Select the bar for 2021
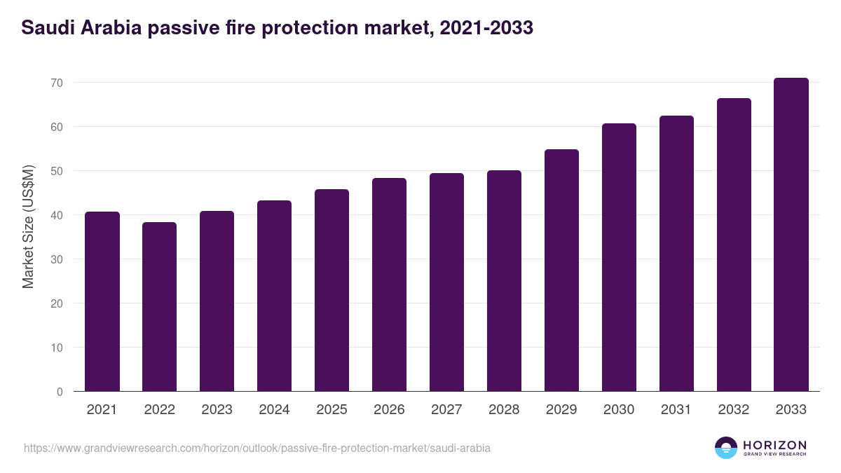[102, 301]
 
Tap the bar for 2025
[331, 290]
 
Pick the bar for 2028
[504, 281]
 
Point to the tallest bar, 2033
[791, 235]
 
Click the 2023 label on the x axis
[217, 410]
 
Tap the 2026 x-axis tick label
[389, 410]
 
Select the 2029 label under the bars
[561, 410]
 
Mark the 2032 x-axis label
[734, 410]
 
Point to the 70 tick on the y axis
[57, 83]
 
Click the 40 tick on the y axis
[57, 215]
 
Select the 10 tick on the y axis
[57, 348]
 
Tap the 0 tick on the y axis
[60, 392]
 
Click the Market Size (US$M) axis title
[28, 226]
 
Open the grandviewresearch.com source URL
[257, 448]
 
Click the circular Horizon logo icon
[726, 448]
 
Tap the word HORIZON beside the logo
[775, 445]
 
